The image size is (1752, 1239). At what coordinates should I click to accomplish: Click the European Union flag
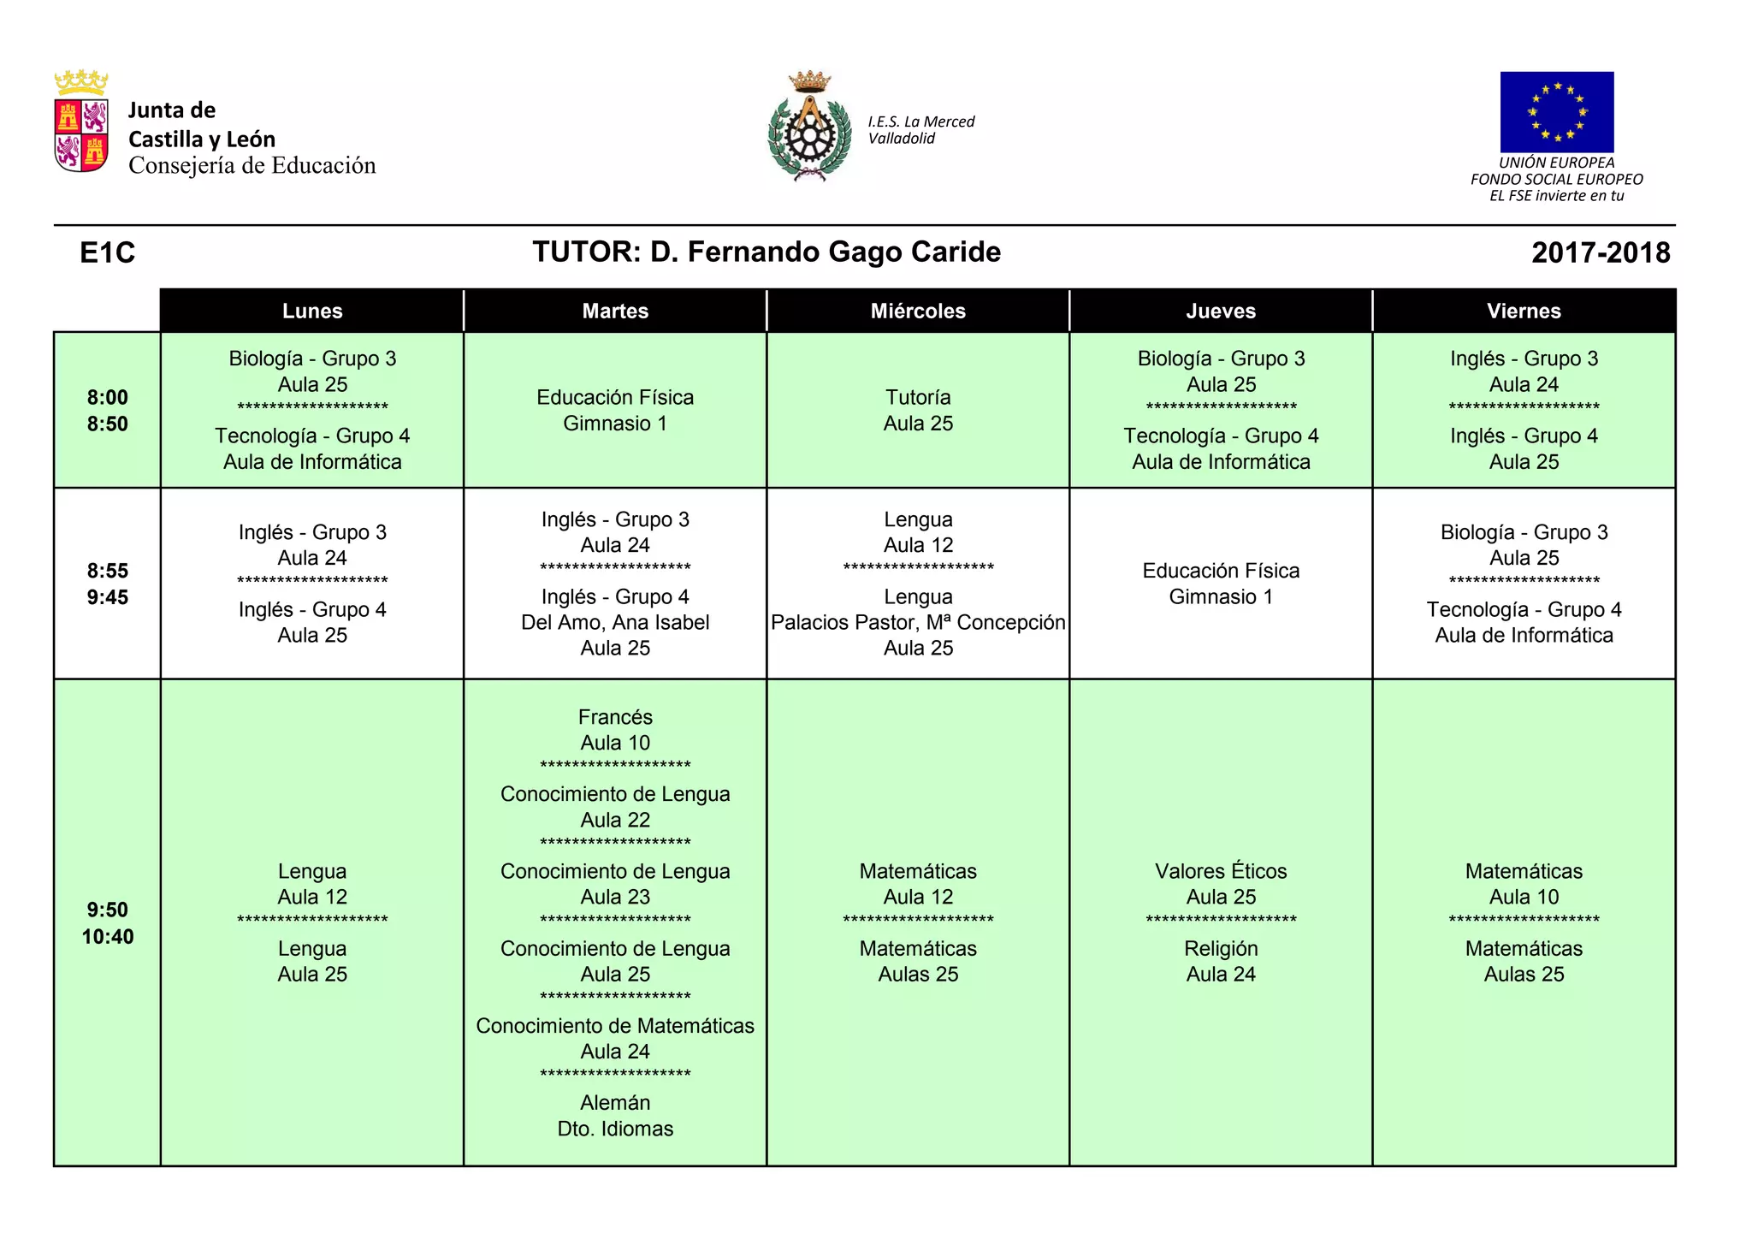point(1556,112)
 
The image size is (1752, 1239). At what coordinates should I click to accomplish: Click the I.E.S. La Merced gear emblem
point(808,128)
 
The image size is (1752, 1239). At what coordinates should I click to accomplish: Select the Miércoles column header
point(918,311)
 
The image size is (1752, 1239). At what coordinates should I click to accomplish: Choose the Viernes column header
point(1524,311)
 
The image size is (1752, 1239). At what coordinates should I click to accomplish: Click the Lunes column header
point(312,311)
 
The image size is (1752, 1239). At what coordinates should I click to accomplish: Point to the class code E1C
point(108,253)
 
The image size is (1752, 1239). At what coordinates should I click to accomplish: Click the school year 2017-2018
point(1601,253)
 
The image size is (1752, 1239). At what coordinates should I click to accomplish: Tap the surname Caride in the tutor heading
point(956,252)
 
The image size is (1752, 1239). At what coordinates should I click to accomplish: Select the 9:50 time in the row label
point(108,910)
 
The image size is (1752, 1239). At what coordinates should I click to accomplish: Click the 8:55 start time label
point(108,571)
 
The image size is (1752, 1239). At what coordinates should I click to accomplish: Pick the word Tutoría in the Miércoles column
point(918,397)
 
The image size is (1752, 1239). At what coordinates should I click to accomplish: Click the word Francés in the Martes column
point(615,717)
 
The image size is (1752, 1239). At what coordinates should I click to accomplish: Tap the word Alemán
point(615,1103)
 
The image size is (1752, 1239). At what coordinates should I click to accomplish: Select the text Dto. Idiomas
point(615,1129)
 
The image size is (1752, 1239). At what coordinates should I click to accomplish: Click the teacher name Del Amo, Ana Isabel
point(615,622)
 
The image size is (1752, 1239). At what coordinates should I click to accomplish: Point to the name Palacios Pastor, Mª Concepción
point(918,622)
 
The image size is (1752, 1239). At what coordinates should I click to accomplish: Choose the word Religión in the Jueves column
point(1221,948)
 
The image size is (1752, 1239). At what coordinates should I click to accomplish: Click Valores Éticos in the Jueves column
point(1221,871)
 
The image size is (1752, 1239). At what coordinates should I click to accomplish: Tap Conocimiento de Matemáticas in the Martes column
point(615,1026)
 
